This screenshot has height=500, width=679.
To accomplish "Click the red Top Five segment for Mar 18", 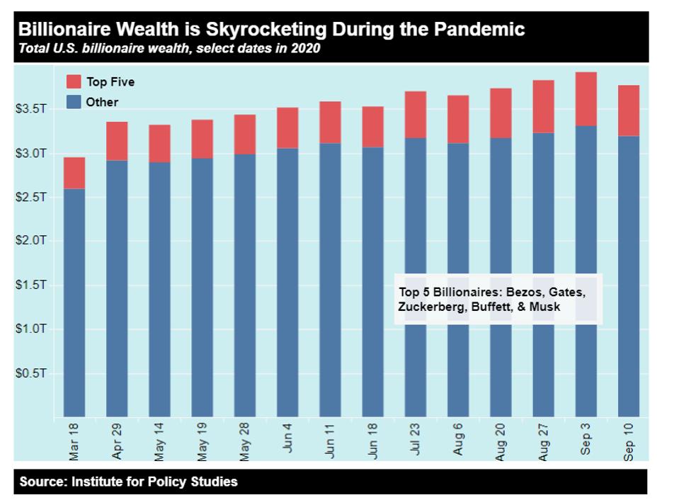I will tap(74, 172).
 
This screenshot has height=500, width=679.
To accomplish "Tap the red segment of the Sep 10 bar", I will tap(628, 110).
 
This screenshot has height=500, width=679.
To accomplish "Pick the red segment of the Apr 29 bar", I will tap(117, 141).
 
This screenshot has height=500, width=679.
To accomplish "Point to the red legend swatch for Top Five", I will tap(73, 81).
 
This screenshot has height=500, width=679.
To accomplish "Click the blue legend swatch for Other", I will tap(73, 102).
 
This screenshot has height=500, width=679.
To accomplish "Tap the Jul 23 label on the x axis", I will tap(416, 442).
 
